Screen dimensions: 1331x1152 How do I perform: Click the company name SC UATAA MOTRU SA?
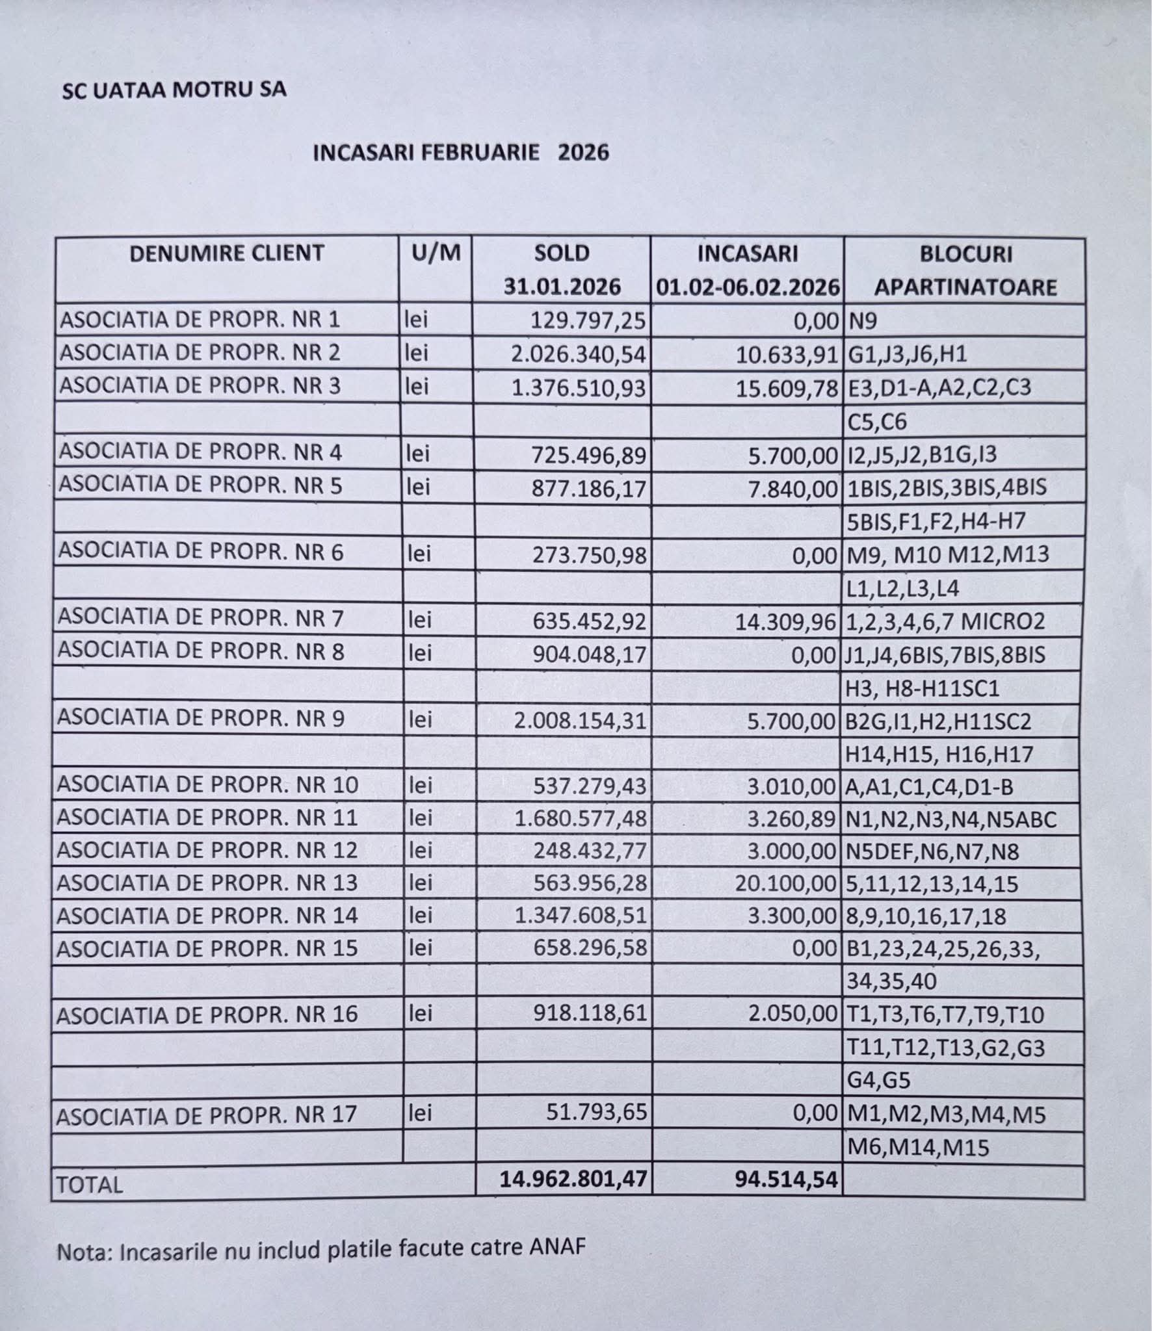pyautogui.click(x=174, y=90)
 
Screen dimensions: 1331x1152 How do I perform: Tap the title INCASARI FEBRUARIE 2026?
pyautogui.click(x=461, y=153)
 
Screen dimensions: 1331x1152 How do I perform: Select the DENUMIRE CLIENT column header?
pyautogui.click(x=226, y=253)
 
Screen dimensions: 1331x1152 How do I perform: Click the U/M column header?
pyautogui.click(x=436, y=252)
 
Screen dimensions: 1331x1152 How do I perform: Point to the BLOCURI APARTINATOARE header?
pyautogui.click(x=965, y=270)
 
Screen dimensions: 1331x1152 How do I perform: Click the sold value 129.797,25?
pyautogui.click(x=588, y=320)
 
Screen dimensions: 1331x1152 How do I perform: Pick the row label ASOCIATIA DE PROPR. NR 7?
pyautogui.click(x=200, y=619)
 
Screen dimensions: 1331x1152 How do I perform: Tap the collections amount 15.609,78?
pyautogui.click(x=787, y=388)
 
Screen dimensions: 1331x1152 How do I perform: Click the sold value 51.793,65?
pyautogui.click(x=597, y=1113)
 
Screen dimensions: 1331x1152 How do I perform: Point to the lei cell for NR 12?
pyautogui.click(x=420, y=850)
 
